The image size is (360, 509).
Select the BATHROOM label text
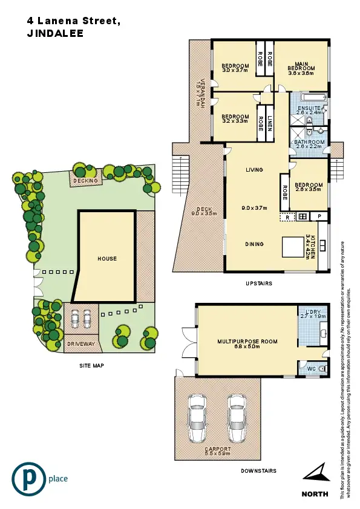(x=309, y=143)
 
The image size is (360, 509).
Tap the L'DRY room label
(x=312, y=313)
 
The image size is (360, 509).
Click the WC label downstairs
(x=311, y=368)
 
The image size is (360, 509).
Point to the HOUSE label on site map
(x=107, y=259)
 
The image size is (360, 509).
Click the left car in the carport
(x=197, y=418)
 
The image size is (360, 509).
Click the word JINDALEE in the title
(x=55, y=34)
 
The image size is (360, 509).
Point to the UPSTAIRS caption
(x=258, y=283)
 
